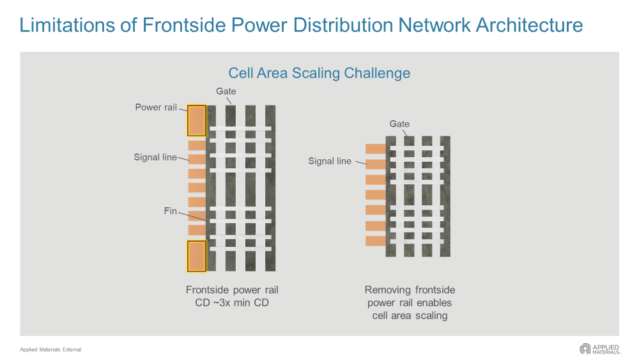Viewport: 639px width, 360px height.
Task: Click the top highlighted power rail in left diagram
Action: (196, 121)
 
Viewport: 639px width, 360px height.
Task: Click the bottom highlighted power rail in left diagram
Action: (196, 255)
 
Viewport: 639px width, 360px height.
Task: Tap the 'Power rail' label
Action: (156, 107)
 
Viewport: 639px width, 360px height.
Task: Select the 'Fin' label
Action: (171, 211)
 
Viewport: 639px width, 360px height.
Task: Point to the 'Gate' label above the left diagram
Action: (226, 91)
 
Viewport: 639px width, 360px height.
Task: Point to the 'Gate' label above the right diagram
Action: (399, 124)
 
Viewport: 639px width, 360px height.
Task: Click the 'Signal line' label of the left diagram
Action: (155, 157)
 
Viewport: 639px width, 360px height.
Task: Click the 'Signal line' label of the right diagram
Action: (330, 161)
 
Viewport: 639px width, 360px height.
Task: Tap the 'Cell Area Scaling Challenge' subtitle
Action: (319, 73)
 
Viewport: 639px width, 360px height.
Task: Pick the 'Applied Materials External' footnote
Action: (50, 350)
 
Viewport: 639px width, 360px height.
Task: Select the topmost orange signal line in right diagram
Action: (376, 149)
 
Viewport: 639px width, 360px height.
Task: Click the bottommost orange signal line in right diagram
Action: (376, 241)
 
